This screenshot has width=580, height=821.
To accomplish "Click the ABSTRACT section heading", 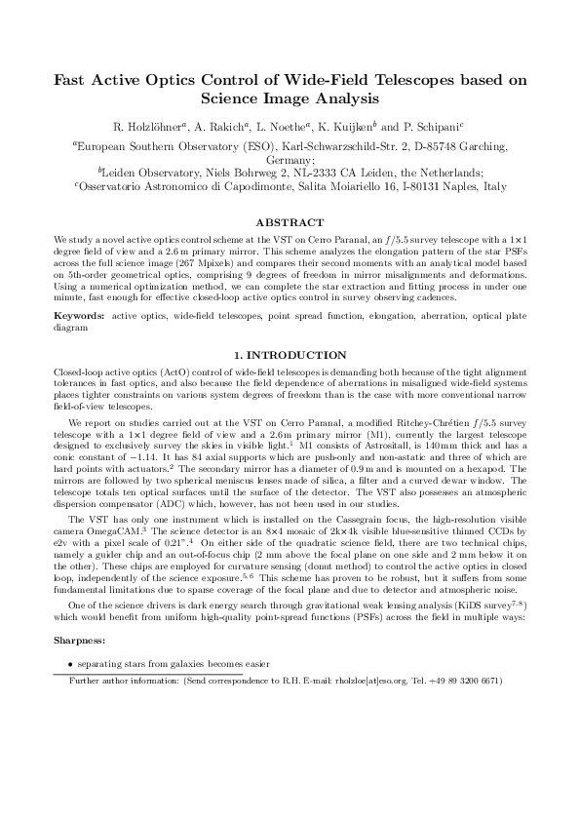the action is pyautogui.click(x=290, y=222).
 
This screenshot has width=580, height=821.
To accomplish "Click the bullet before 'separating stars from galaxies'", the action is pyautogui.click(x=70, y=663).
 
